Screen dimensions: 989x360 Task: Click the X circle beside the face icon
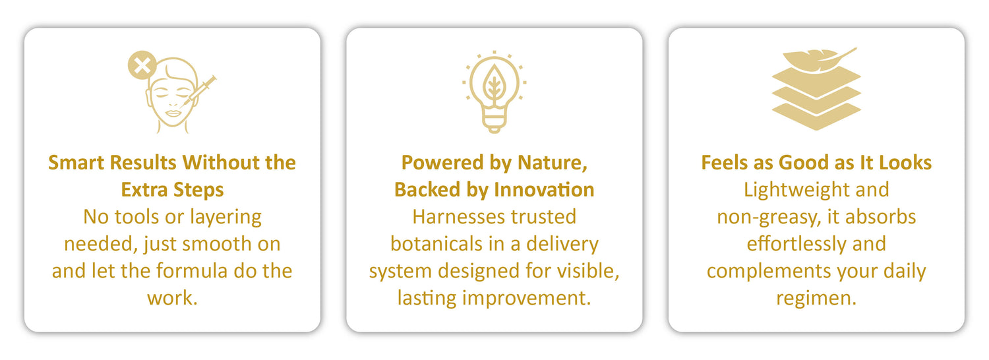tap(142, 65)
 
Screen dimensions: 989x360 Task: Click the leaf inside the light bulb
tap(494, 82)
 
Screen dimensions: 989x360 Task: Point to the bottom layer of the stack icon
tap(816, 117)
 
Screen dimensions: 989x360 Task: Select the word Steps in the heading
tap(198, 191)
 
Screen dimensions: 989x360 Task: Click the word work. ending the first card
tap(172, 298)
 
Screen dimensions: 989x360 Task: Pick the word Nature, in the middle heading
tap(553, 163)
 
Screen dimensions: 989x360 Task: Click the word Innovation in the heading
tap(544, 189)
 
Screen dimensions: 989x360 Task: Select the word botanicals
tap(431, 244)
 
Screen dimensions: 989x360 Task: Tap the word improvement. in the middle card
tap(526, 298)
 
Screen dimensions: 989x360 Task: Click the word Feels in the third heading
tap(725, 163)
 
